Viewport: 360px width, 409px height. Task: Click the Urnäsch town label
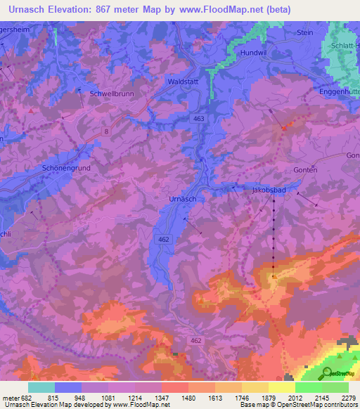pyautogui.click(x=183, y=199)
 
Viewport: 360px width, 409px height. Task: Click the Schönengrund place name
pyautogui.click(x=68, y=169)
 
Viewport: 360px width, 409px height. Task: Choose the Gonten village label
pyautogui.click(x=306, y=170)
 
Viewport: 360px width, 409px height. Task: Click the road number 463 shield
pyautogui.click(x=199, y=120)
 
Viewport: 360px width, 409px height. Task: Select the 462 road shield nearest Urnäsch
pyautogui.click(x=164, y=240)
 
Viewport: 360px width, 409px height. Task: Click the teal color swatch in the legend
pyautogui.click(x=41, y=387)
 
